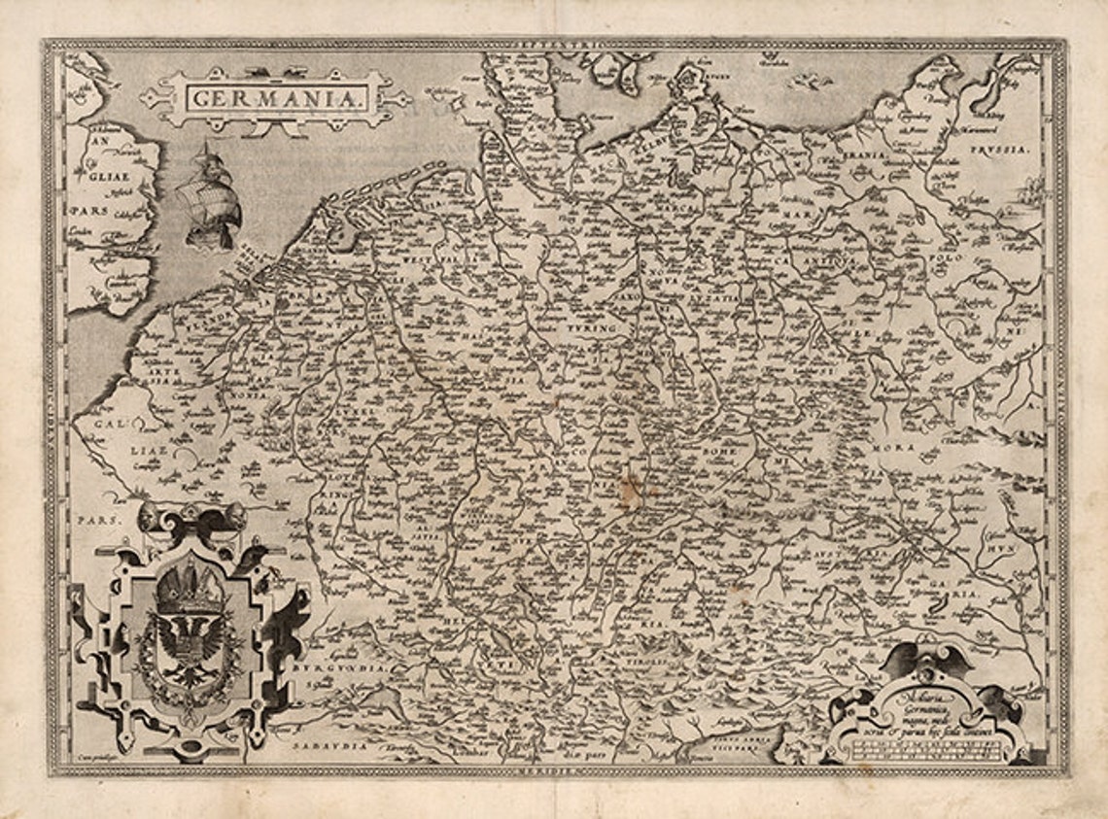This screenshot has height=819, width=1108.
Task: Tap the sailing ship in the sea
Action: point(209,194)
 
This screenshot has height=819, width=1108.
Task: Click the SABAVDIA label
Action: point(327,745)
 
